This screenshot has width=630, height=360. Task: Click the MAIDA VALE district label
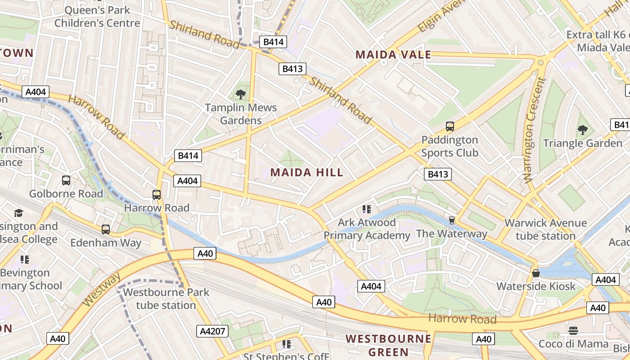[393, 55]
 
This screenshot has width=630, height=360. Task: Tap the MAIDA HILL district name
[307, 172]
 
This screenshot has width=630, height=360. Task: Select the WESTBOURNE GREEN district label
[388, 345]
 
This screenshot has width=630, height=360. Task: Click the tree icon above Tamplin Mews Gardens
[241, 94]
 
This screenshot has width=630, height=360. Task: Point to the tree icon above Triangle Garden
[583, 130]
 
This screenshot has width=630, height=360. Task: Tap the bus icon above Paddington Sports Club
[450, 126]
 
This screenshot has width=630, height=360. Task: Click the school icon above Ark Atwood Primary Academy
[367, 209]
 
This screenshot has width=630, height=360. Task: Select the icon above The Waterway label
[451, 220]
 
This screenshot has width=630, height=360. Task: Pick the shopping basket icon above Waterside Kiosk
[536, 273]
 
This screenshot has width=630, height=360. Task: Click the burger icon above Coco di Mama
[573, 331]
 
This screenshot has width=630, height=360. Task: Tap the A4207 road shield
[212, 332]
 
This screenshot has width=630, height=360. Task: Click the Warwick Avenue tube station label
[545, 229]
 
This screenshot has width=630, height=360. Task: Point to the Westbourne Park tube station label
[166, 298]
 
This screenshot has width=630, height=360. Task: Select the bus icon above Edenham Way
[106, 229]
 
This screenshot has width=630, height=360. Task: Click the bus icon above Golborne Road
[66, 180]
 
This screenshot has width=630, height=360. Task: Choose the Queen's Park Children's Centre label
[97, 16]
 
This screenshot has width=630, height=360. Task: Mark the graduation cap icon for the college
[18, 213]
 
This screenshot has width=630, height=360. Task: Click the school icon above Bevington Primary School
[25, 259]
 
